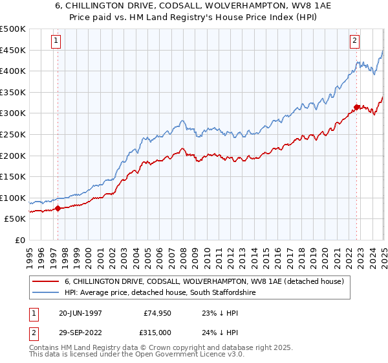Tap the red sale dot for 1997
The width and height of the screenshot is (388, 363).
(x=58, y=208)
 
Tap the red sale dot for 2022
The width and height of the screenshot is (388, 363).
(x=357, y=107)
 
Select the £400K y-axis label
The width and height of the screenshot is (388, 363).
(x=14, y=71)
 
